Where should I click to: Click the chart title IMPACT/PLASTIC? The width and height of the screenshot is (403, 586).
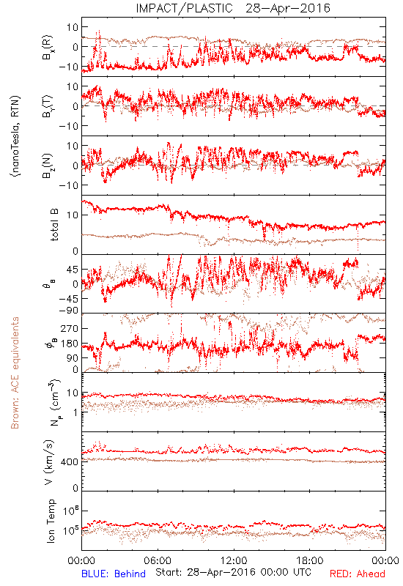point(185,8)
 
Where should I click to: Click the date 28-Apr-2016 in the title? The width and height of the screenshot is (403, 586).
point(288,8)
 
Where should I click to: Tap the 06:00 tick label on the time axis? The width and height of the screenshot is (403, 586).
point(158,560)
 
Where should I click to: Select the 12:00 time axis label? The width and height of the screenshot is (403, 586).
point(234,560)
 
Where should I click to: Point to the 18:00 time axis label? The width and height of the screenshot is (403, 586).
point(310,560)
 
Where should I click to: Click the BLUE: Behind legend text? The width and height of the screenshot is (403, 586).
point(114,574)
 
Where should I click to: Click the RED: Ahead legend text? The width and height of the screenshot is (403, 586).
point(358,574)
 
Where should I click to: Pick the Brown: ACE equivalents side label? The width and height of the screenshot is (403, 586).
point(15,373)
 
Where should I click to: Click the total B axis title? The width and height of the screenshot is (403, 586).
point(54,225)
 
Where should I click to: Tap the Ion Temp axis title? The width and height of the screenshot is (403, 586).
point(51,521)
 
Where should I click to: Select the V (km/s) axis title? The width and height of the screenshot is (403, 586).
point(49,462)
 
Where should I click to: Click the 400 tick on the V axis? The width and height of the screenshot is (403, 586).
point(70,462)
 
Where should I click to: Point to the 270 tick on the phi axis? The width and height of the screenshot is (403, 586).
point(70,328)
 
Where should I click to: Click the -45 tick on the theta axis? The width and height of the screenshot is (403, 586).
point(68,299)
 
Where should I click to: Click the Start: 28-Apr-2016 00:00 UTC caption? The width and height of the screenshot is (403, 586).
point(233,572)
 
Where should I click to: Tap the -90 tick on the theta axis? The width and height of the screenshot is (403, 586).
point(68,311)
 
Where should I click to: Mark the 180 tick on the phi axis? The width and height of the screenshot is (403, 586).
point(70,344)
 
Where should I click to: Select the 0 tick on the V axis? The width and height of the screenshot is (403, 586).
point(75,488)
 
